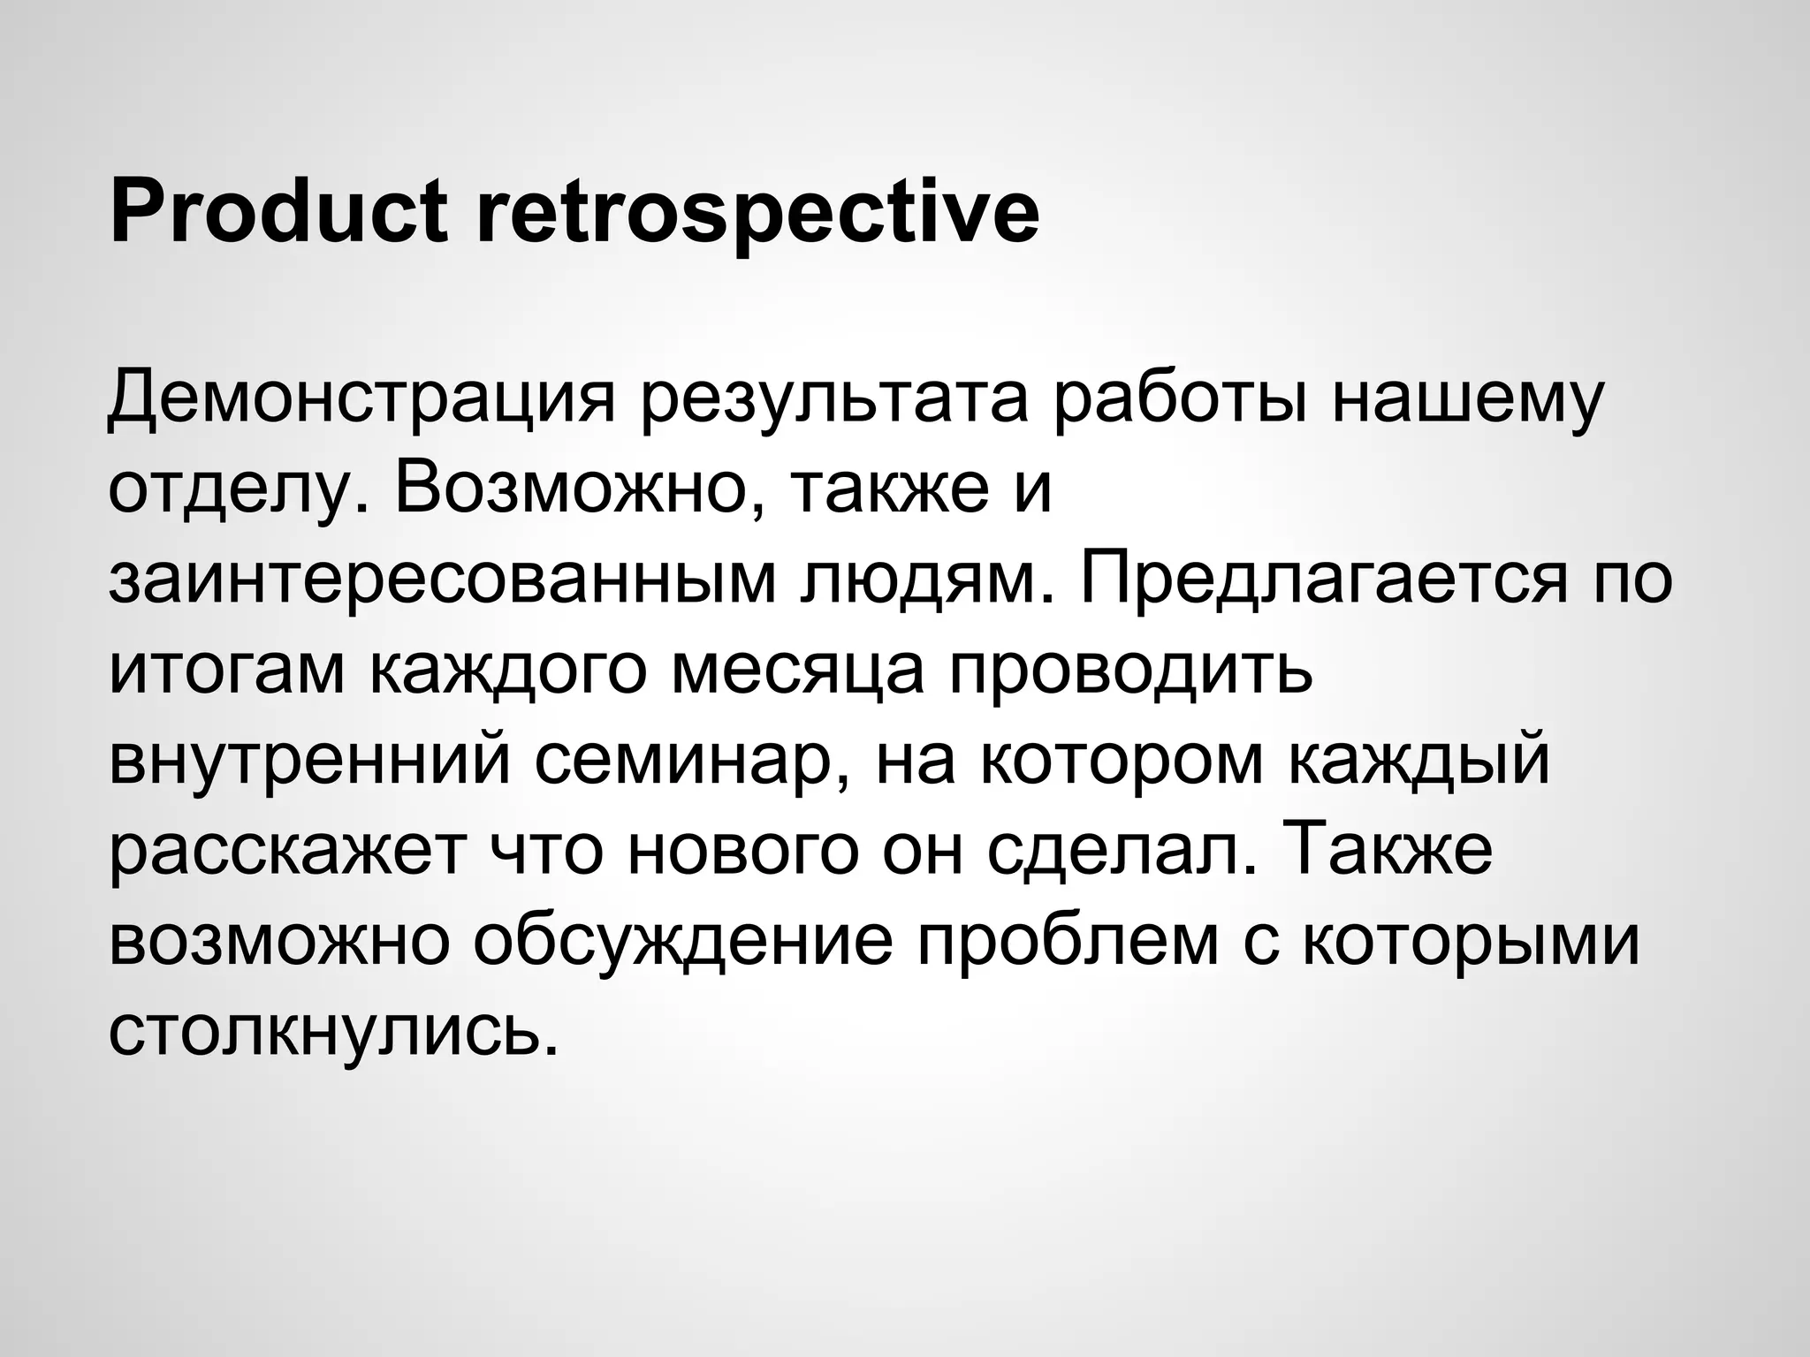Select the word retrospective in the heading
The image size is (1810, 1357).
tap(757, 212)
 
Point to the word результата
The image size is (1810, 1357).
tap(835, 397)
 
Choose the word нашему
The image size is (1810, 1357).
tap(1467, 397)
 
